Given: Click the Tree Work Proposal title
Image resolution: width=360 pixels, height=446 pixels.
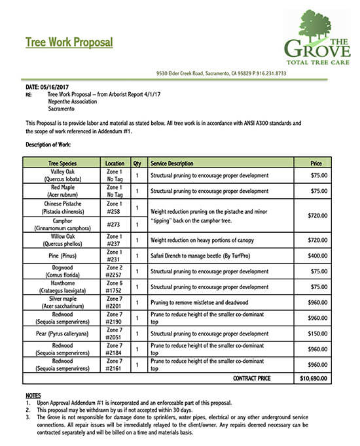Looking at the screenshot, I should point(69,43).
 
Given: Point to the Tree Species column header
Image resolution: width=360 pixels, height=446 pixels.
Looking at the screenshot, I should point(62,163).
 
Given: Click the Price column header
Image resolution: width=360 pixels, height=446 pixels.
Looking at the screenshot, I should point(316,163).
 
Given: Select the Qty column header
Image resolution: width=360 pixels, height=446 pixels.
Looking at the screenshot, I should point(137,163).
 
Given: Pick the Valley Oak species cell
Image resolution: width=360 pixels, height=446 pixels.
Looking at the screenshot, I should point(62,175).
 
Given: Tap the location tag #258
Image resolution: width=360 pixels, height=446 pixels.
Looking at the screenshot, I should point(114,212).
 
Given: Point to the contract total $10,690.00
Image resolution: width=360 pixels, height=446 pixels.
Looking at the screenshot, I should point(314,378).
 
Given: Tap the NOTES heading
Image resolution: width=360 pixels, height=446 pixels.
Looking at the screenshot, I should point(33,396).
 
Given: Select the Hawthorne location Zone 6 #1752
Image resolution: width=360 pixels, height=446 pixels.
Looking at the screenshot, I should point(114,286).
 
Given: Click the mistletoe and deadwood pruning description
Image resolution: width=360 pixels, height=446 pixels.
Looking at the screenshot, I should point(199,302).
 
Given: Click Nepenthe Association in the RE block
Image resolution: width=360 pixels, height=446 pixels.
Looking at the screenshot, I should point(72,101).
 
